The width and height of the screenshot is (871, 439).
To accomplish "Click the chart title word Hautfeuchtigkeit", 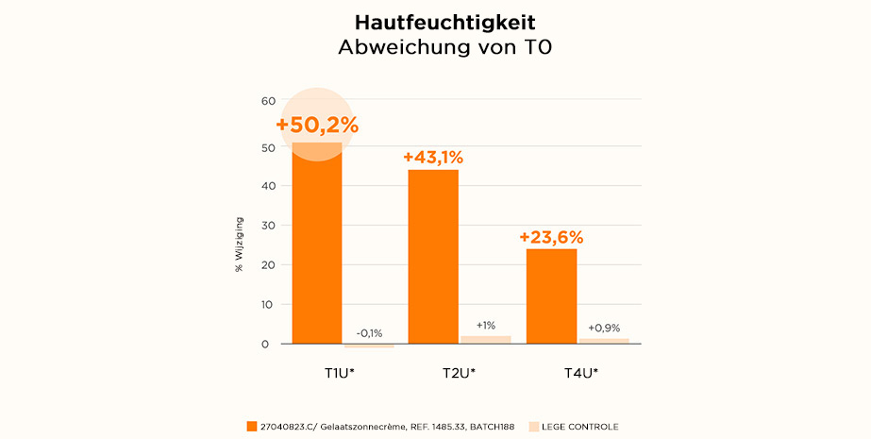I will (x=435, y=22).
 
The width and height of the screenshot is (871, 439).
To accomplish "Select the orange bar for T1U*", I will (x=317, y=245).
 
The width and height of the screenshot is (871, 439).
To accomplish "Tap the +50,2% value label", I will (x=317, y=125).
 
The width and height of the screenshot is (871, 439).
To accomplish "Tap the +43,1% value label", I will (x=433, y=158).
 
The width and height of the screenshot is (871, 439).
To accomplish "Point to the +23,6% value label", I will (x=551, y=237).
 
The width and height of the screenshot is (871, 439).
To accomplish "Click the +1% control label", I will (x=486, y=325).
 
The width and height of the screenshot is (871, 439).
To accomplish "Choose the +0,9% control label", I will (x=604, y=328).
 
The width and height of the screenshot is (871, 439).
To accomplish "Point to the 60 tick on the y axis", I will (x=268, y=101).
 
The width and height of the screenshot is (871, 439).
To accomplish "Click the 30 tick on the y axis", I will (x=268, y=226).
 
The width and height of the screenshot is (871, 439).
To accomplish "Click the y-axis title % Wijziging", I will (x=239, y=248).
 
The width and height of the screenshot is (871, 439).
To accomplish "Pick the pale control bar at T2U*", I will (x=486, y=340).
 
